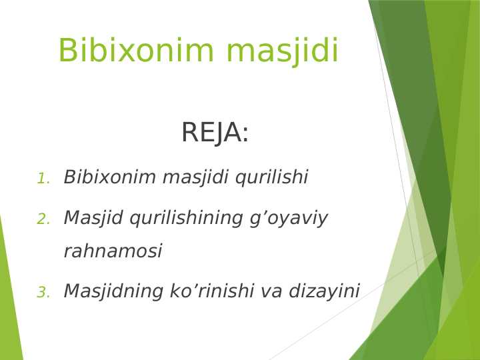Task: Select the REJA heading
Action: [215, 133]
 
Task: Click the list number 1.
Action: [43, 179]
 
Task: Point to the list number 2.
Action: [43, 219]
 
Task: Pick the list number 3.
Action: [43, 293]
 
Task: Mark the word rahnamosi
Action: [113, 252]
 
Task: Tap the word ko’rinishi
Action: [209, 291]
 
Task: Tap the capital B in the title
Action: [68, 51]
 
